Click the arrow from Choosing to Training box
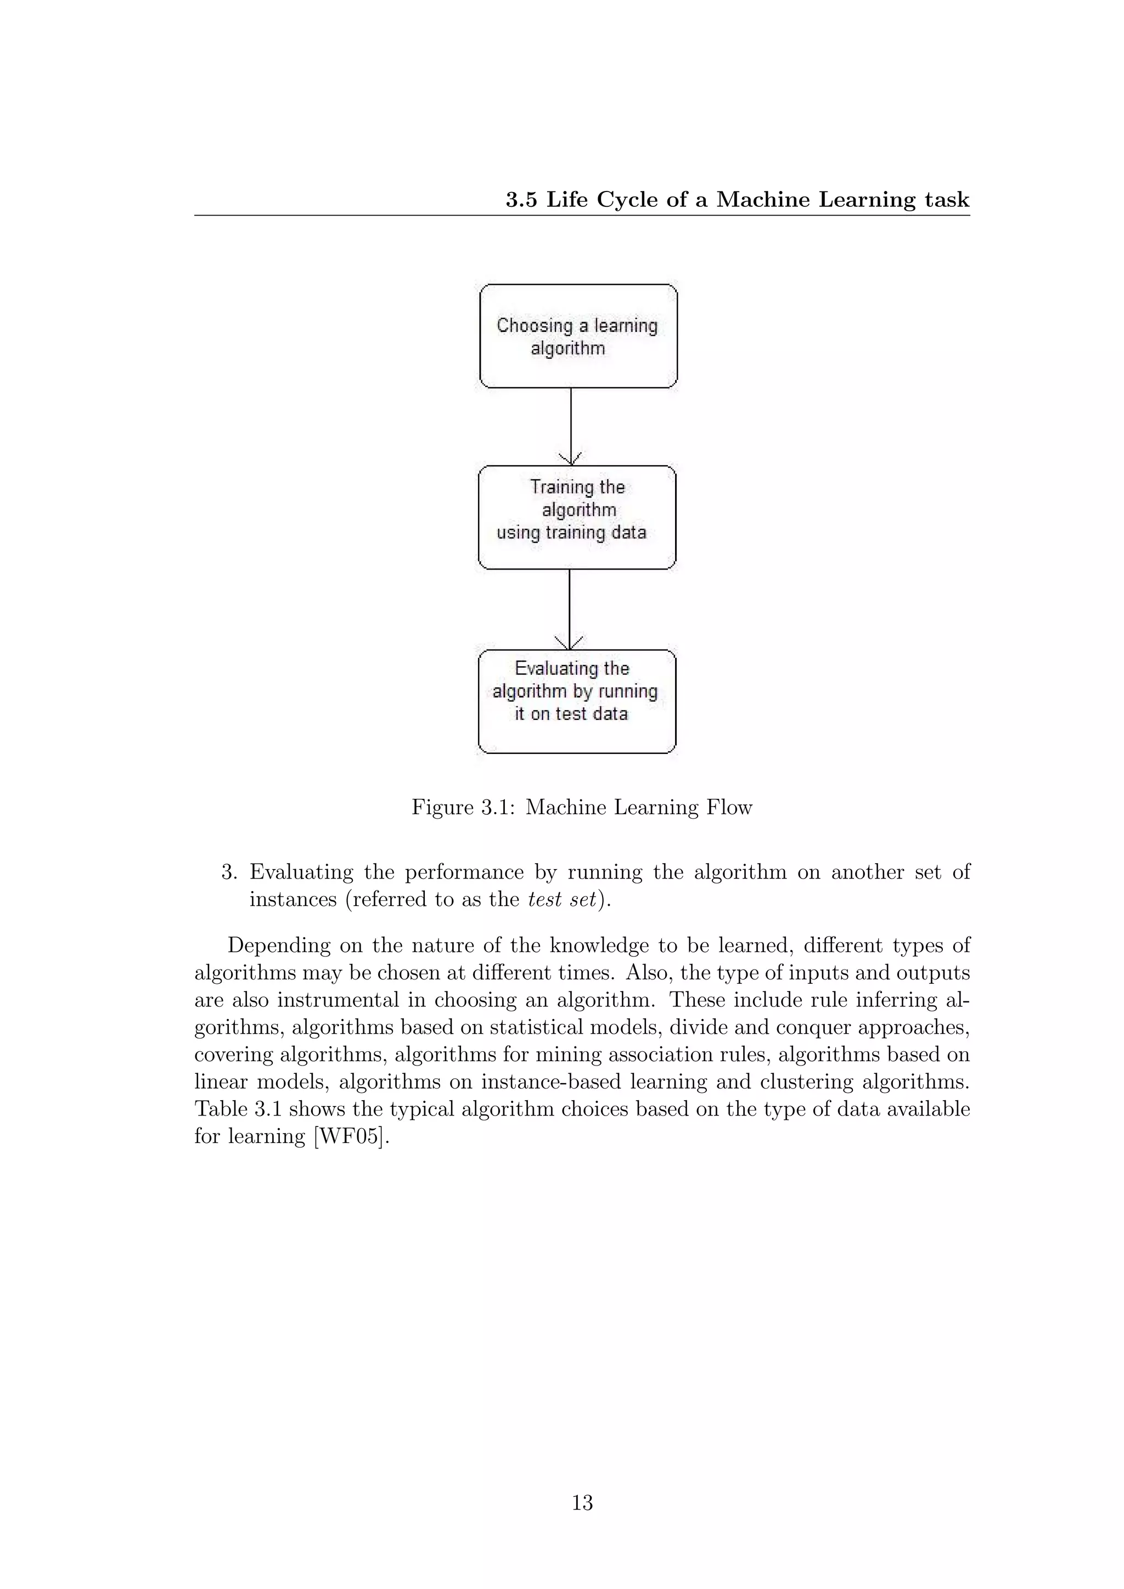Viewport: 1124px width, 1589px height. (570, 426)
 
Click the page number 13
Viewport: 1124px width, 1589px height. (582, 1502)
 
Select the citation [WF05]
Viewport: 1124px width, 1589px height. (352, 1136)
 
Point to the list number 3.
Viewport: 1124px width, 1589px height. (229, 872)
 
